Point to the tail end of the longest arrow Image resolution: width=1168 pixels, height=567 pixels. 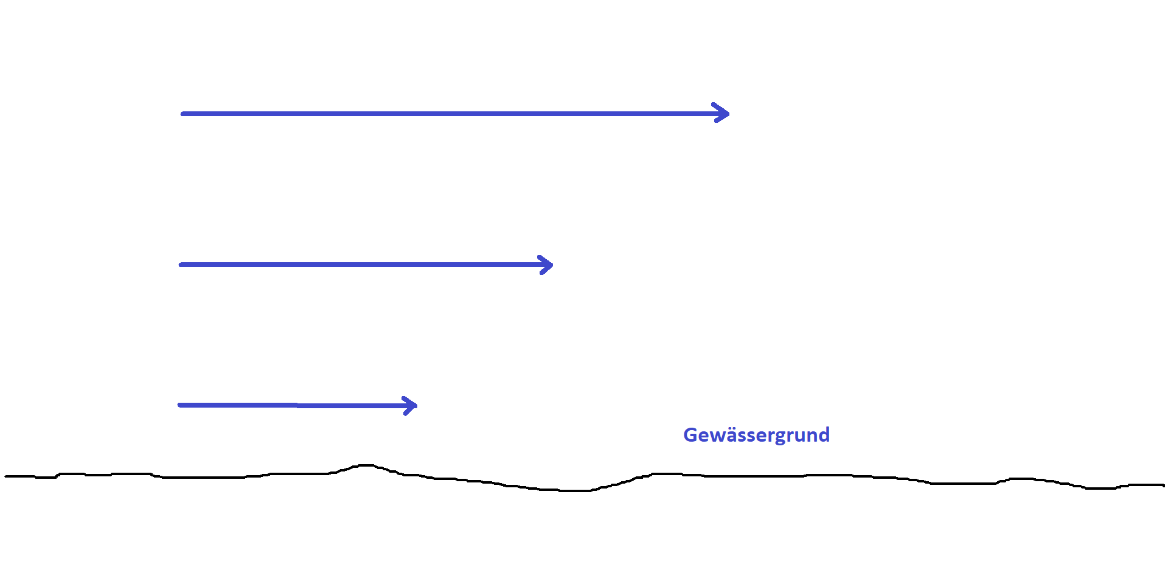182,114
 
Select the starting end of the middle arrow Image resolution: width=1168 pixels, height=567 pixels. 181,265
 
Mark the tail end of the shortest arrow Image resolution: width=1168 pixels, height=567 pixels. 179,405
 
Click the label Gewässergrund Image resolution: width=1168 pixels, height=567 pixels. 756,435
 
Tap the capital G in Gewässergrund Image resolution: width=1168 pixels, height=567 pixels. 690,435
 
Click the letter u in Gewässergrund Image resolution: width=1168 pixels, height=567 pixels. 799,436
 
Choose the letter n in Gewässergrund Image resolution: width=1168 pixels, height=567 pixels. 811,436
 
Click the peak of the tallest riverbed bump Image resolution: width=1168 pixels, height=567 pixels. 365,465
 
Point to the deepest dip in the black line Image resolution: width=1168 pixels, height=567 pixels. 575,490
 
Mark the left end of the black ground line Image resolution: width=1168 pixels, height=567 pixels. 6,476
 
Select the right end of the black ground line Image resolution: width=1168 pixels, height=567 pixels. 1163,485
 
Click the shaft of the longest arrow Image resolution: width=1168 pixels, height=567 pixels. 450,114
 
